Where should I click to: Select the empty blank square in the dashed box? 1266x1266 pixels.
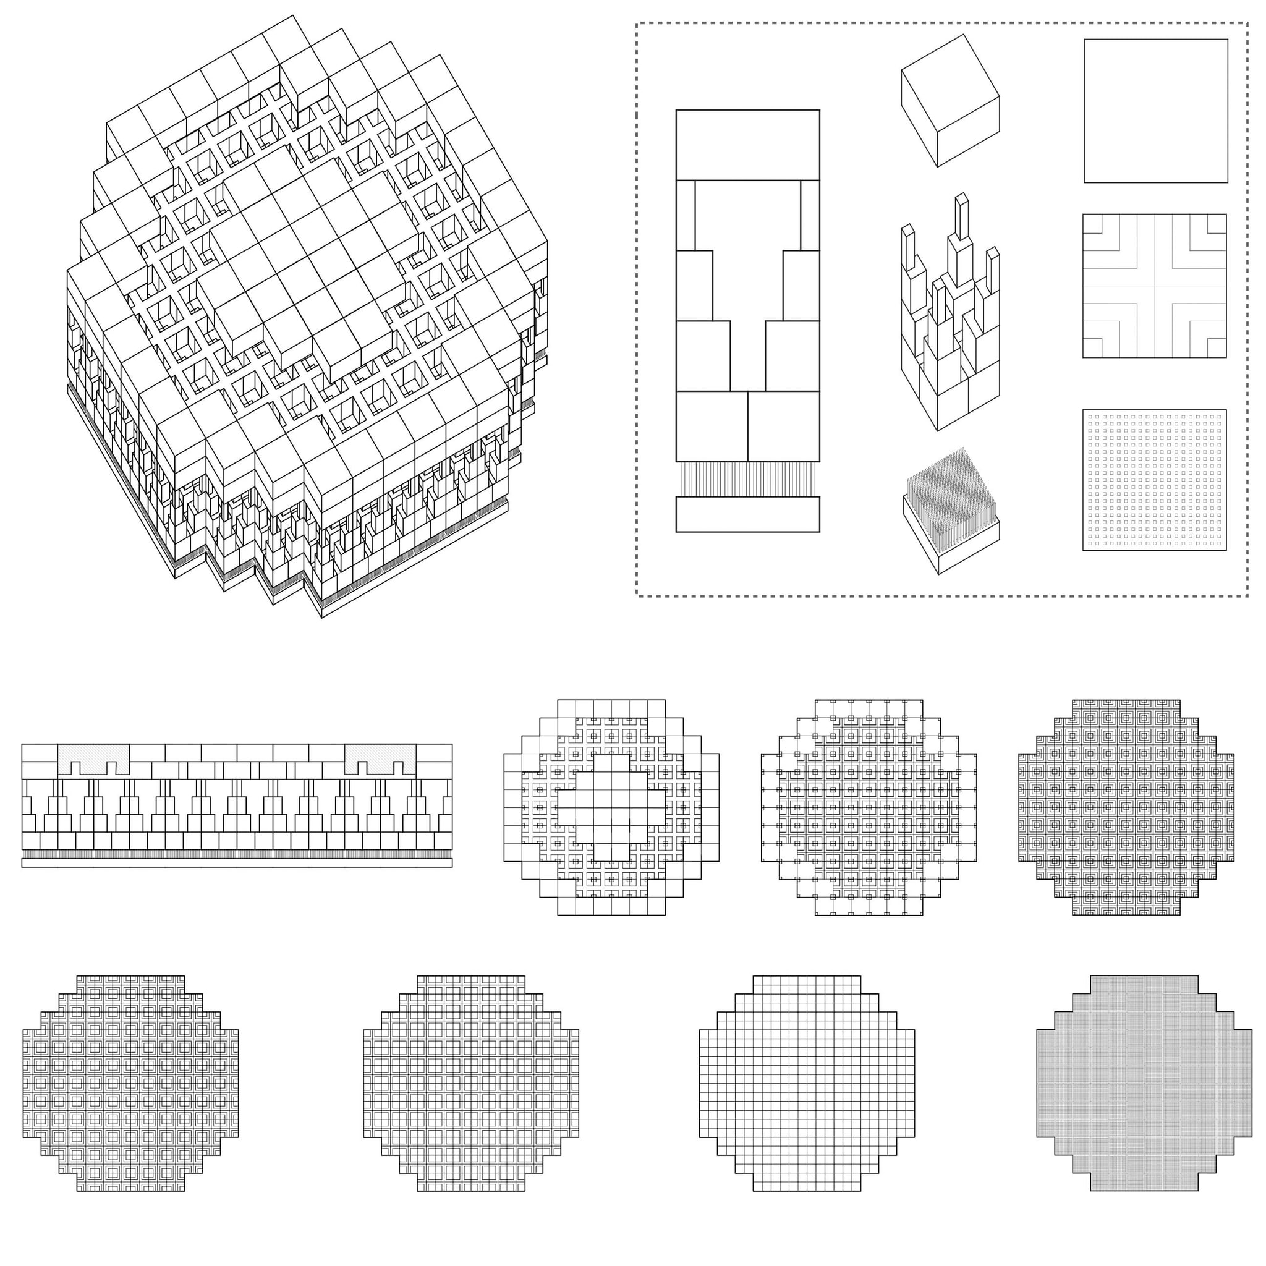1155,111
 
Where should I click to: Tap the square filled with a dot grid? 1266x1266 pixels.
1154,480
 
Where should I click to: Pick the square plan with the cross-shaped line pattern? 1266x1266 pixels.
1154,286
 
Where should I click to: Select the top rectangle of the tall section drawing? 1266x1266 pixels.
748,144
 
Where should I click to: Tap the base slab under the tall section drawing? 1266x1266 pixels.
748,514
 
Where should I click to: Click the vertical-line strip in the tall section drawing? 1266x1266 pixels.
748,479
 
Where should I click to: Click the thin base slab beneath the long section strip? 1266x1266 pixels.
237,863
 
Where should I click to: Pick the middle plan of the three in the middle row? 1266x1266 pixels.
869,807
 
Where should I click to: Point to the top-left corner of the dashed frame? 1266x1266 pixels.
637,23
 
